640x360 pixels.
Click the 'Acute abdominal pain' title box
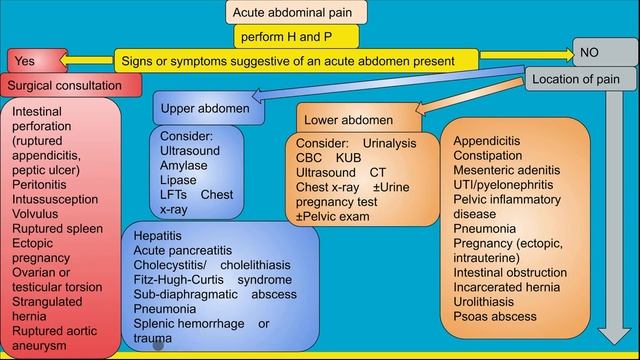coord(296,12)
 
